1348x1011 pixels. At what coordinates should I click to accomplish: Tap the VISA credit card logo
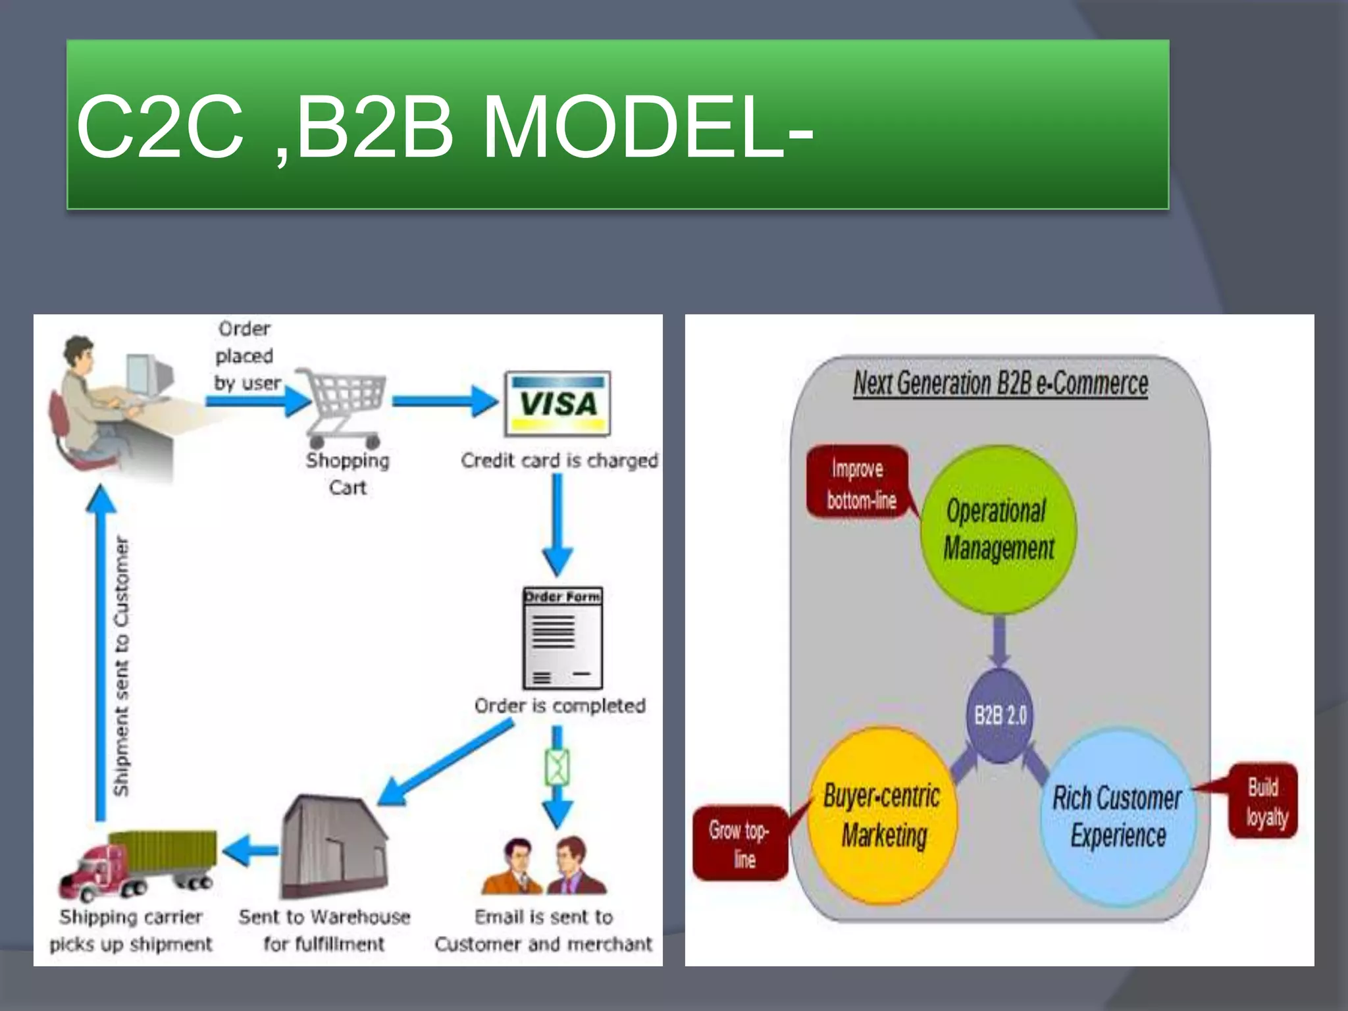557,403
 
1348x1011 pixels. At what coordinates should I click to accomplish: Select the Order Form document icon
562,637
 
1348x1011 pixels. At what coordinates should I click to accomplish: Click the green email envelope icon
557,767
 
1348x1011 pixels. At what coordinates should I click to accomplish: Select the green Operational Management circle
998,529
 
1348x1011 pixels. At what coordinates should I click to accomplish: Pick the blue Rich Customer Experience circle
1118,816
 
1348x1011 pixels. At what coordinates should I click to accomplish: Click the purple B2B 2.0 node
1000,715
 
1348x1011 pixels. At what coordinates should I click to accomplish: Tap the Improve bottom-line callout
860,483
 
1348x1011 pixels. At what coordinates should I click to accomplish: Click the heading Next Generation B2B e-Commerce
1000,383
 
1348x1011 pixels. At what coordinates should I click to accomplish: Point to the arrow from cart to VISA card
445,401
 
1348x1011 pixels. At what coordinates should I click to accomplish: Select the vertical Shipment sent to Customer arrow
101,652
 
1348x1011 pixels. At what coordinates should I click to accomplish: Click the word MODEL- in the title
648,126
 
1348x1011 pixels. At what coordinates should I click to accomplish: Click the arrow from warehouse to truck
251,850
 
